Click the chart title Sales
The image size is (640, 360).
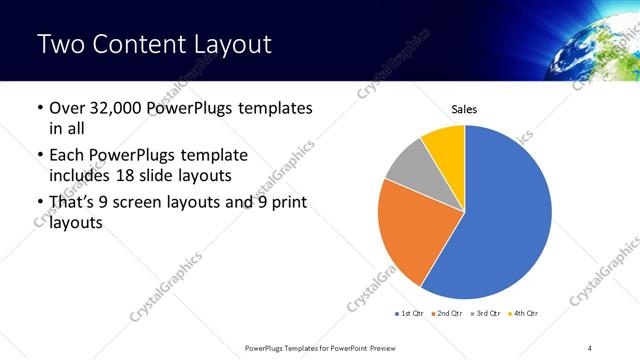click(464, 108)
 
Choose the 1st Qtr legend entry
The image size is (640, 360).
click(410, 313)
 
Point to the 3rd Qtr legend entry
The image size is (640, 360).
click(486, 313)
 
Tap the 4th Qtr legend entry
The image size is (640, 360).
click(524, 313)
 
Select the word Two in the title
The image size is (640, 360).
click(61, 45)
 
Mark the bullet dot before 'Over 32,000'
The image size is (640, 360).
click(38, 109)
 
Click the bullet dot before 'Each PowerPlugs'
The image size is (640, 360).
click(38, 157)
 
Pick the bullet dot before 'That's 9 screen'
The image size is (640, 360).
click(38, 205)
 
